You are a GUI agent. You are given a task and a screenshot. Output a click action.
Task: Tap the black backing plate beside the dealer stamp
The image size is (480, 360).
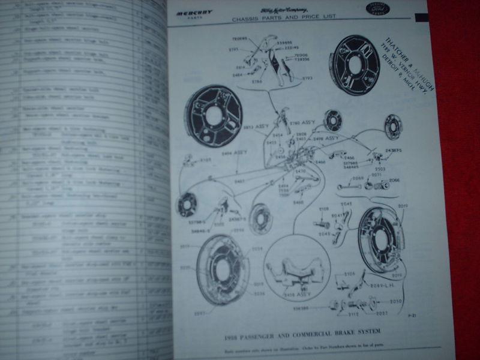click(355, 64)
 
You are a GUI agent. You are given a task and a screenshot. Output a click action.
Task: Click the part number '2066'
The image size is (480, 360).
click(394, 181)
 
